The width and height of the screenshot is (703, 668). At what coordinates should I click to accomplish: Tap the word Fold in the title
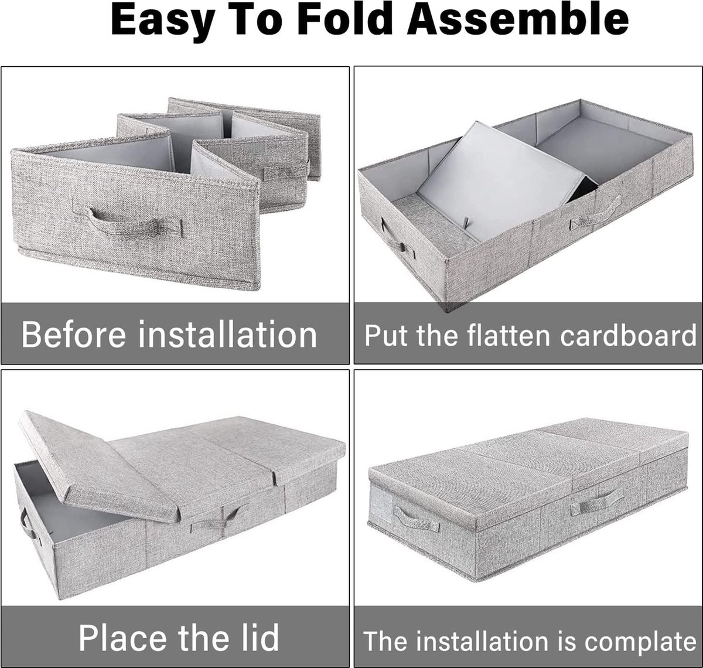pos(344,19)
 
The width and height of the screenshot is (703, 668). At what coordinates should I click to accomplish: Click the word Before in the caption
pos(73,334)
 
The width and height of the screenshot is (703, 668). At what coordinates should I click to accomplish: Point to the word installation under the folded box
pos(227,334)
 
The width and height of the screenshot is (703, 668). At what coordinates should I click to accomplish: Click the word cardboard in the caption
pos(628,335)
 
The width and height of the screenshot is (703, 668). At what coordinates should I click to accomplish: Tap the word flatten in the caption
pos(508,335)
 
